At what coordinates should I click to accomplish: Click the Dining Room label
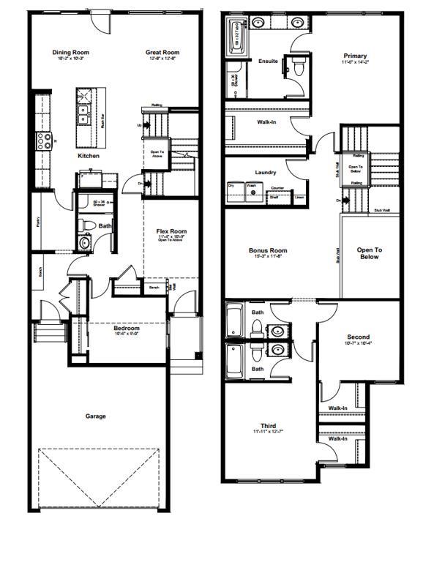(70, 52)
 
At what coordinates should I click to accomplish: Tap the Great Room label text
(162, 52)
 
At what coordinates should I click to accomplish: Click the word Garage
(95, 416)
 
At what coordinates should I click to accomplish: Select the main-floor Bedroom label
(126, 329)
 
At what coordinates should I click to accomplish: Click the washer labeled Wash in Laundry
(251, 191)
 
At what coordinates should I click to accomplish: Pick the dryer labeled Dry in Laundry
(233, 191)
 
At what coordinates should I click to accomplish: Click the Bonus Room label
(267, 250)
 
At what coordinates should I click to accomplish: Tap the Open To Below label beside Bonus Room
(369, 253)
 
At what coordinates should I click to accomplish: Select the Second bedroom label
(358, 337)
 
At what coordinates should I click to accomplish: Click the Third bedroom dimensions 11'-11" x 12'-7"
(268, 433)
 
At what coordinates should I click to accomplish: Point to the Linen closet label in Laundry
(299, 198)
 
